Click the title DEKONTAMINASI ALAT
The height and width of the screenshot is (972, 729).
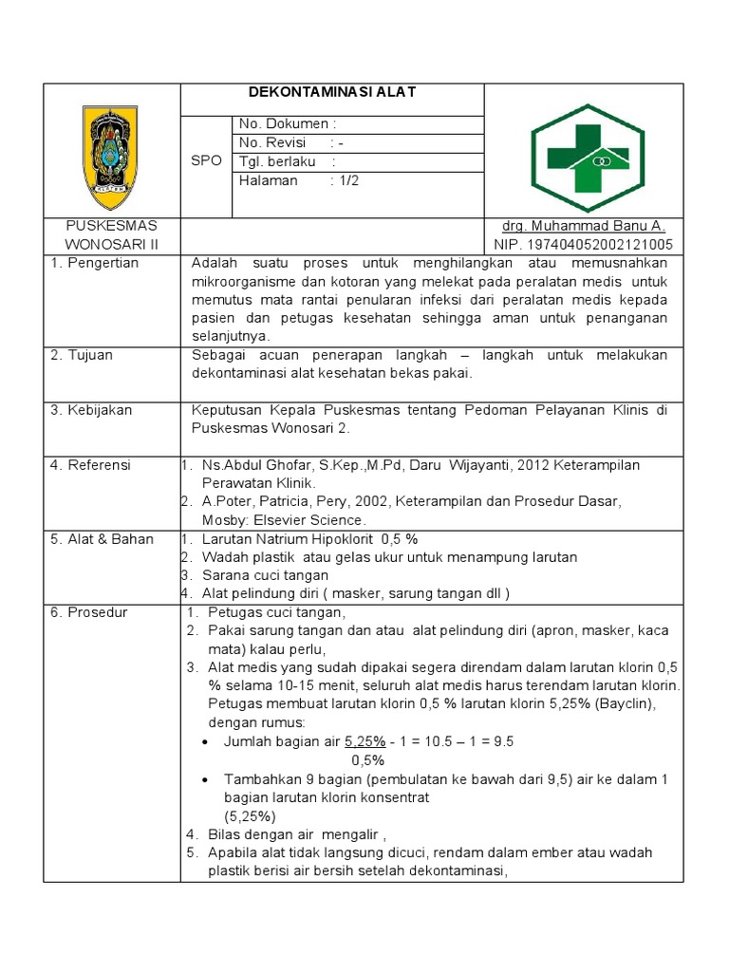click(x=332, y=93)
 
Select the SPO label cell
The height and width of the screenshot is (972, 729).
click(x=206, y=160)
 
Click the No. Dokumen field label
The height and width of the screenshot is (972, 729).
click(x=288, y=123)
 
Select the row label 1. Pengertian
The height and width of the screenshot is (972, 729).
click(x=95, y=263)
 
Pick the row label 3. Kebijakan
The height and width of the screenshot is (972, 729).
click(x=92, y=410)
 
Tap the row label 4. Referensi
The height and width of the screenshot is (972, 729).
click(x=93, y=465)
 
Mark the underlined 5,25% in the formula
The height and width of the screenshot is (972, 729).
click(x=364, y=741)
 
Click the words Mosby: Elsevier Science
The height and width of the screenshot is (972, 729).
click(x=283, y=520)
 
